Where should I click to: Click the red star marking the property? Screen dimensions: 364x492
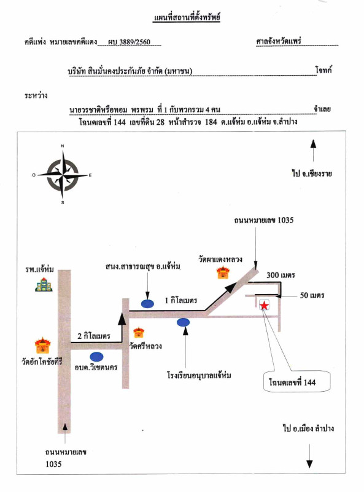(x=265, y=305)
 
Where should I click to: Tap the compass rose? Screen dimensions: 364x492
(x=63, y=175)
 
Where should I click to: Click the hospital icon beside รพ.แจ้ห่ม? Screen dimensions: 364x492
(x=44, y=285)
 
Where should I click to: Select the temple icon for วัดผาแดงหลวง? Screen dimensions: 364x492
(x=223, y=272)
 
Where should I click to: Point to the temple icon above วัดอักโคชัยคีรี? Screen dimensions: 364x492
(x=42, y=346)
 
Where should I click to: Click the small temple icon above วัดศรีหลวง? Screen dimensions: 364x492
(x=139, y=333)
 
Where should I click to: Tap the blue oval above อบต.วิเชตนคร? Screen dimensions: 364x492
(x=96, y=357)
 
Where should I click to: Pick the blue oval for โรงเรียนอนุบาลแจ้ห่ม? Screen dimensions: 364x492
(x=184, y=322)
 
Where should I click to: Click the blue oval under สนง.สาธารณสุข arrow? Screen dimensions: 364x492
(x=147, y=304)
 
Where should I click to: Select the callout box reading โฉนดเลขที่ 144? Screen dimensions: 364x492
(x=296, y=381)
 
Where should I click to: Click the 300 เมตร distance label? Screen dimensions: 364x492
(x=281, y=275)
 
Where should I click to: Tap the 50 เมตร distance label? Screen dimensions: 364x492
(x=312, y=295)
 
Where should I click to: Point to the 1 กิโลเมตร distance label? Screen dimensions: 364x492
(x=181, y=301)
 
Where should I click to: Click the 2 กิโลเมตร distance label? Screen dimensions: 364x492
(x=94, y=336)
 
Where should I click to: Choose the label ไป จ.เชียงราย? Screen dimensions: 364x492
(x=312, y=173)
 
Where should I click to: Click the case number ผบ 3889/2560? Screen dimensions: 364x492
(x=129, y=42)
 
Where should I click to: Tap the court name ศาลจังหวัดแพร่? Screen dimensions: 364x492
(x=279, y=41)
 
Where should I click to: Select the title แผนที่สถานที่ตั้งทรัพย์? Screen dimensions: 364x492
(x=187, y=17)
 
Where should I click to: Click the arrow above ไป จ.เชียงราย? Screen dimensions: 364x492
(x=313, y=151)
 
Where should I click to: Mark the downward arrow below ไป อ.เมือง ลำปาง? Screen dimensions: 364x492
(x=309, y=456)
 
